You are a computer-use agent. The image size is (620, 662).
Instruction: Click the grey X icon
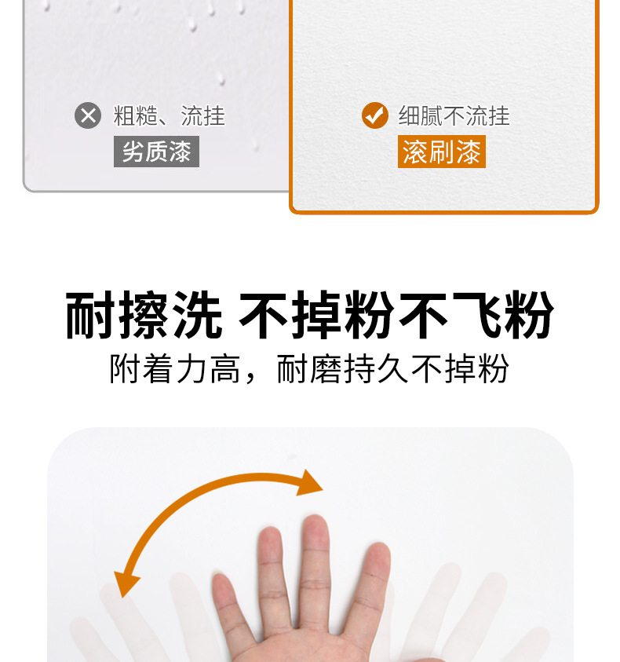click(88, 115)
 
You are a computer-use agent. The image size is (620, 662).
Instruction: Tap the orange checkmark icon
click(375, 115)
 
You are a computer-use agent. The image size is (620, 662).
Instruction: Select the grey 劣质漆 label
click(156, 152)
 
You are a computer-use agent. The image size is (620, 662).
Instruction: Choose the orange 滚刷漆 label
click(442, 152)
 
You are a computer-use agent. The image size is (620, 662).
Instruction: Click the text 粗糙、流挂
click(170, 115)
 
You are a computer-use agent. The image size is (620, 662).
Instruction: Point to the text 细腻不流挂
click(454, 115)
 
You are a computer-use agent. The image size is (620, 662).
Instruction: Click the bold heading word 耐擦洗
click(144, 315)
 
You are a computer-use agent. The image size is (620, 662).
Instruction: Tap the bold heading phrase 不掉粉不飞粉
click(396, 315)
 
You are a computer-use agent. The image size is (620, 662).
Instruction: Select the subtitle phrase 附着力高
click(175, 368)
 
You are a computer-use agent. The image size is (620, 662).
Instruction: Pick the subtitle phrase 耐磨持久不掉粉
click(393, 368)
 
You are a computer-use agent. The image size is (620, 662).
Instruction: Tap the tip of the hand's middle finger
click(315, 517)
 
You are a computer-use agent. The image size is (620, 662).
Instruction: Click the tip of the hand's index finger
click(378, 546)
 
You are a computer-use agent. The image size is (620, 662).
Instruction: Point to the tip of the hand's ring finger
click(270, 529)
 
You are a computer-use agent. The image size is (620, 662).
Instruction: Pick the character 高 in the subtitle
click(225, 368)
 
